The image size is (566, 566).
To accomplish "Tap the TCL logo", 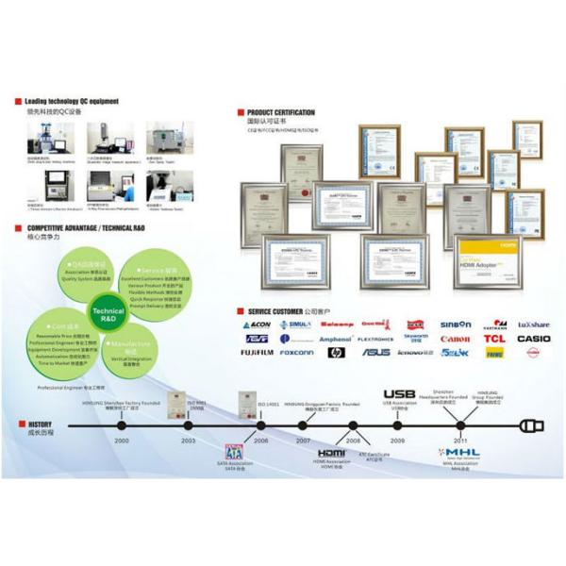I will pyautogui.click(x=494, y=339).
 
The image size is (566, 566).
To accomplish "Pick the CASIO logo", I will pyautogui.click(x=534, y=339).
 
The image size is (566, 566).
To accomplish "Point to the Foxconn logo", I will pyautogui.click(x=297, y=353).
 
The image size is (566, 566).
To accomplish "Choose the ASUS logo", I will pyautogui.click(x=376, y=353).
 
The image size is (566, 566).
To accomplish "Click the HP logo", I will pyautogui.click(x=337, y=353).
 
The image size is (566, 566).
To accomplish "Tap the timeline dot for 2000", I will pyautogui.click(x=122, y=425).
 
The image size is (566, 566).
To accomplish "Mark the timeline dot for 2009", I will pyautogui.click(x=398, y=425).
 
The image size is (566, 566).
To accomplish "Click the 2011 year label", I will pyautogui.click(x=460, y=441).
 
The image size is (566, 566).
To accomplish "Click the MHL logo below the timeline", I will pyautogui.click(x=460, y=453).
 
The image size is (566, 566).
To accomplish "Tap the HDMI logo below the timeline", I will pyautogui.click(x=331, y=454).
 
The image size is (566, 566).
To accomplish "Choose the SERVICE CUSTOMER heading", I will pyautogui.click(x=282, y=310).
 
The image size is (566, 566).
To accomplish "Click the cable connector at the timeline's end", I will pyautogui.click(x=532, y=425).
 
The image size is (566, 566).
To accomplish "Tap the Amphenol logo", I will pyautogui.click(x=335, y=339).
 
